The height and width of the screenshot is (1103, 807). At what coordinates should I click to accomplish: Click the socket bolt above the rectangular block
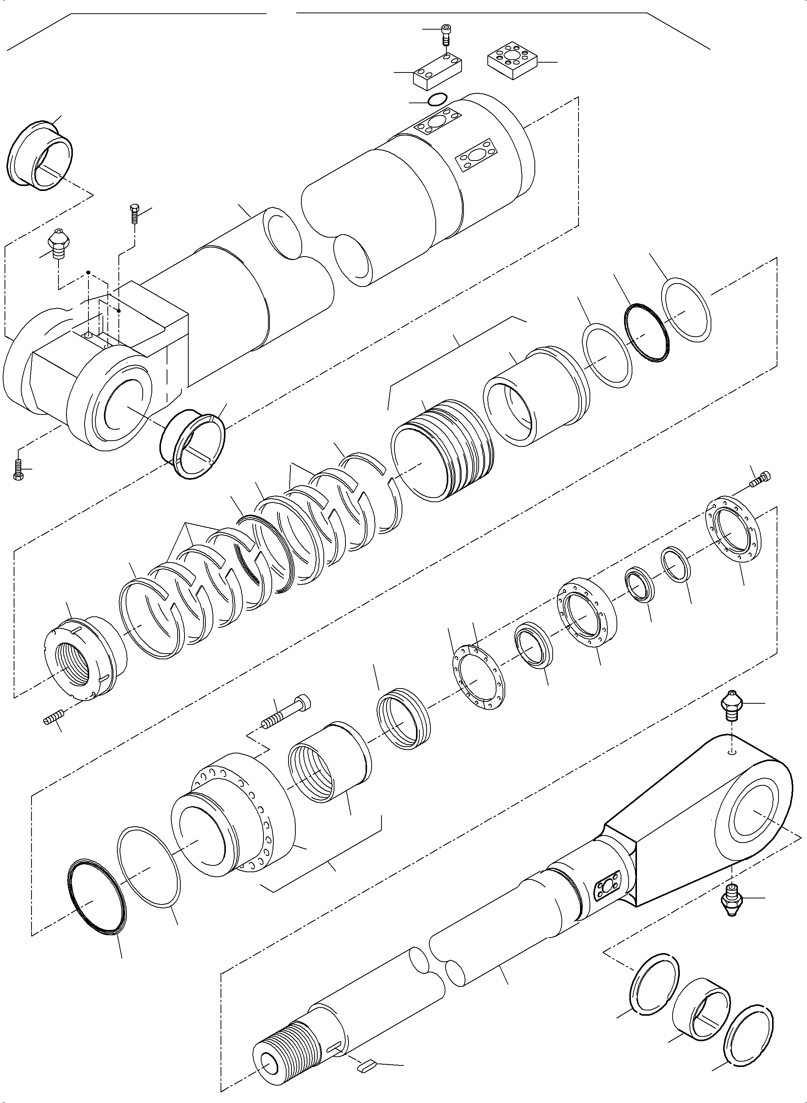[x=446, y=34]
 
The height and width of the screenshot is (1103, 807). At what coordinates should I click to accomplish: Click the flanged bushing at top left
[x=41, y=153]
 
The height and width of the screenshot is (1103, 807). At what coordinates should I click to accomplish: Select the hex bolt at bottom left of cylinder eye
[x=17, y=470]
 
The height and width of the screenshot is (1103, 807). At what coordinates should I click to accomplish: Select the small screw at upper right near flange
[x=761, y=478]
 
